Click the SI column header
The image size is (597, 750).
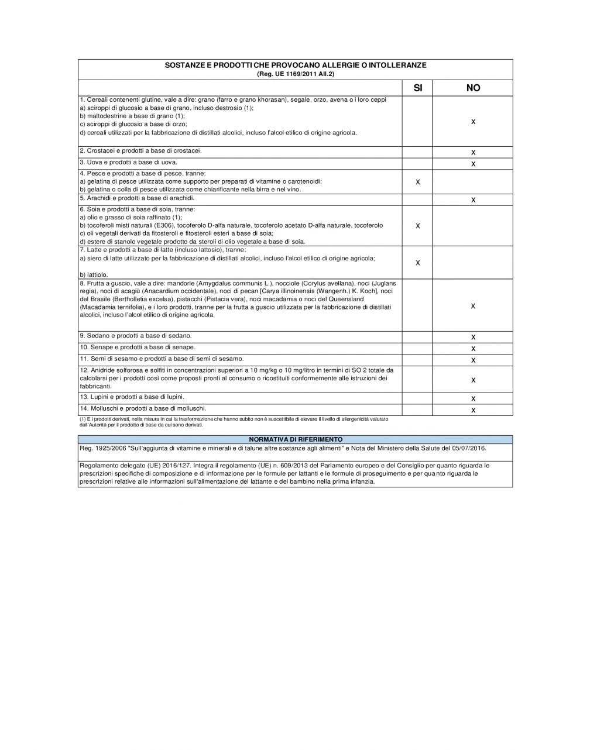[x=417, y=88]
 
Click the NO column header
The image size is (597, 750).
[x=473, y=88]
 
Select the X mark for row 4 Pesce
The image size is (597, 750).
[x=417, y=183]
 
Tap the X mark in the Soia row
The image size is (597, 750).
[x=417, y=226]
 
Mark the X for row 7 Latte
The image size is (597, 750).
[x=417, y=263]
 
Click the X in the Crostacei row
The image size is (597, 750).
[x=473, y=153]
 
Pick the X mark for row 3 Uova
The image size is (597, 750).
[x=473, y=164]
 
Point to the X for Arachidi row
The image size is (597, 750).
[x=473, y=200]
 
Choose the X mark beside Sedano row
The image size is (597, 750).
[x=473, y=337]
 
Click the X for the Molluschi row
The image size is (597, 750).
[x=473, y=410]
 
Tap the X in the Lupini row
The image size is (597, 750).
[x=473, y=399]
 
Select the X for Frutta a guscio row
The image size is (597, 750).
[x=473, y=307]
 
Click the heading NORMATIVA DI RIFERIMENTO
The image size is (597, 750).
[x=296, y=439]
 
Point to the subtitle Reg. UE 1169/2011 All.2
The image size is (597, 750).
[x=296, y=74]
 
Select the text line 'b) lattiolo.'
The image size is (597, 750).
[x=94, y=274]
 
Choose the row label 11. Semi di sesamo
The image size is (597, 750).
[x=162, y=359]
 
